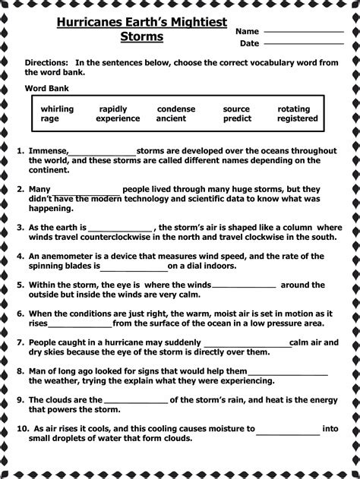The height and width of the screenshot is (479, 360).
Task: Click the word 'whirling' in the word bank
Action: [x=57, y=109]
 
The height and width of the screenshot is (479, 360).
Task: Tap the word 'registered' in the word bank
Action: [x=297, y=118]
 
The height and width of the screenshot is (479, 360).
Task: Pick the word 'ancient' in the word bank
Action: [x=171, y=118]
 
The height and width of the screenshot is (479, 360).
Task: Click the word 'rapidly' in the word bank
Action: [x=113, y=109]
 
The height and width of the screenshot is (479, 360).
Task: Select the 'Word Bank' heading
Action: [x=46, y=89]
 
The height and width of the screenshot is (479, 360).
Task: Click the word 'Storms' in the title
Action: [x=142, y=37]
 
